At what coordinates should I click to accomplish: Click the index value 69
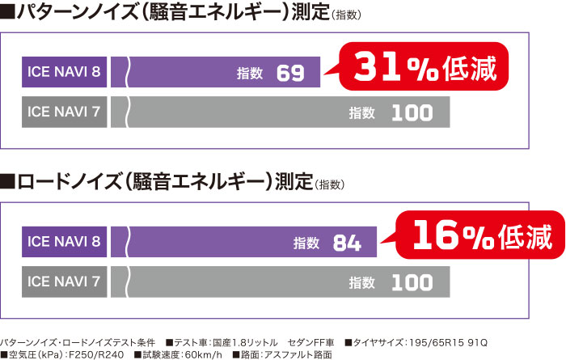pyautogui.click(x=290, y=74)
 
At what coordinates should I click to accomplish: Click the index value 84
pyautogui.click(x=347, y=243)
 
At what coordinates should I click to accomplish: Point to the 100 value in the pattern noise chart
pyautogui.click(x=412, y=114)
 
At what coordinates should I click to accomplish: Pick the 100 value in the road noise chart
pyautogui.click(x=412, y=282)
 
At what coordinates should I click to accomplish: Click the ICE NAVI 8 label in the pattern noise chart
pyautogui.click(x=64, y=73)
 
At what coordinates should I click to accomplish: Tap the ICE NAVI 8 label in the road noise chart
pyautogui.click(x=64, y=241)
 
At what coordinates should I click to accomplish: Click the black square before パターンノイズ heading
pyautogui.click(x=8, y=15)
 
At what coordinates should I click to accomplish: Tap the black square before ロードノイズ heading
pyautogui.click(x=8, y=182)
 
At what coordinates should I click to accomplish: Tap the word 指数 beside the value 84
pyautogui.click(x=306, y=243)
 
